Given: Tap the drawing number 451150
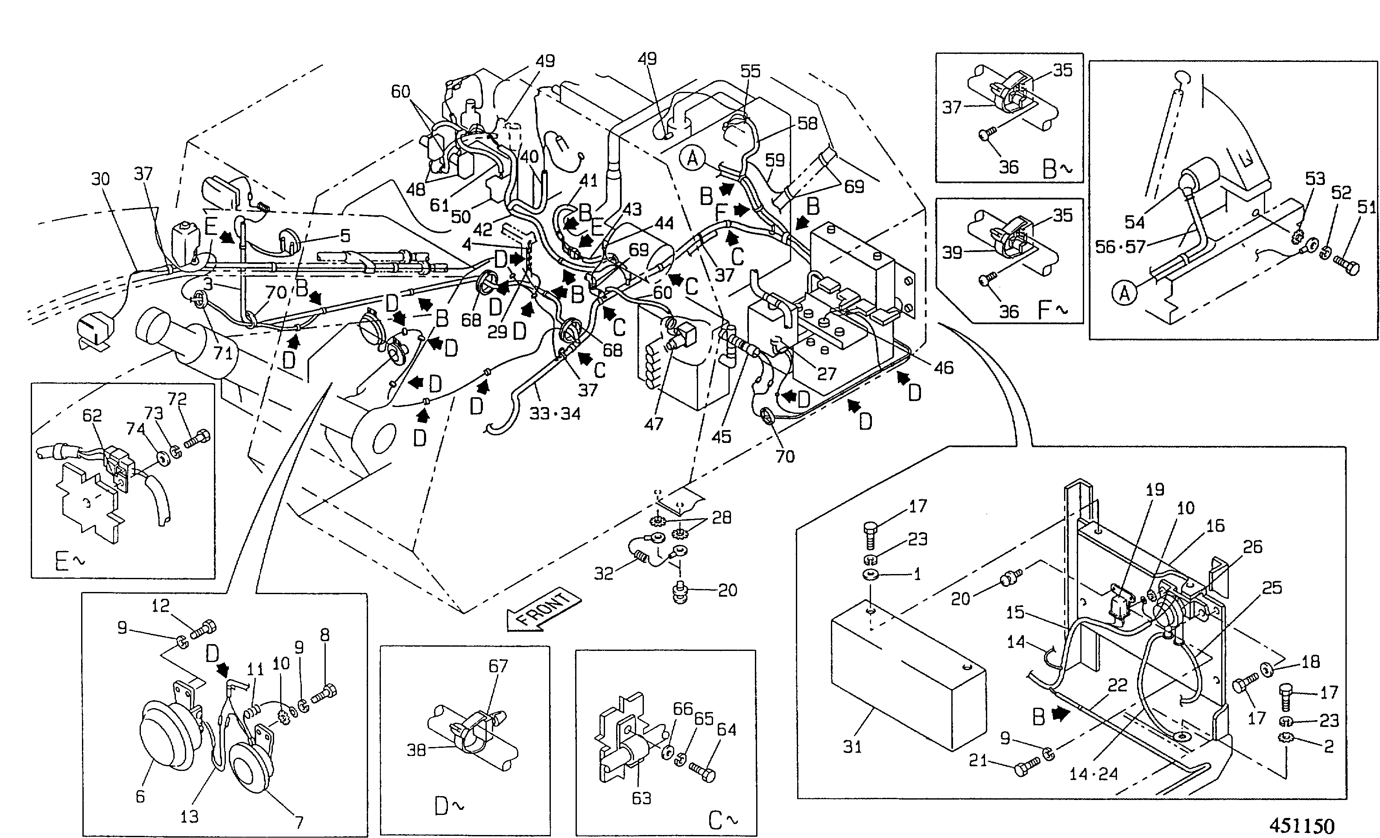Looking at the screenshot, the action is click(1302, 826).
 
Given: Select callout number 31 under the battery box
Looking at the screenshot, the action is click(852, 746).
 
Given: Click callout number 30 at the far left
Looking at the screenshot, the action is click(101, 179).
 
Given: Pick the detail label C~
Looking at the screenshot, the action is click(722, 820).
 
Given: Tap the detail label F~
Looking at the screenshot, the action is click(1053, 310).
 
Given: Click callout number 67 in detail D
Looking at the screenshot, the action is click(498, 666).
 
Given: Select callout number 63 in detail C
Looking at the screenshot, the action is click(641, 798).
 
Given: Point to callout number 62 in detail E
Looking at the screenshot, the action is click(92, 415).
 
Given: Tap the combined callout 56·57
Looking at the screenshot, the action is click(1120, 247).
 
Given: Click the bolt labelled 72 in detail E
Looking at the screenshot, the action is click(196, 439).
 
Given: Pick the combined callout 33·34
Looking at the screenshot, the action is click(555, 414).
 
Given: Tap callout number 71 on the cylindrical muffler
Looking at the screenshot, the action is click(223, 353).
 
